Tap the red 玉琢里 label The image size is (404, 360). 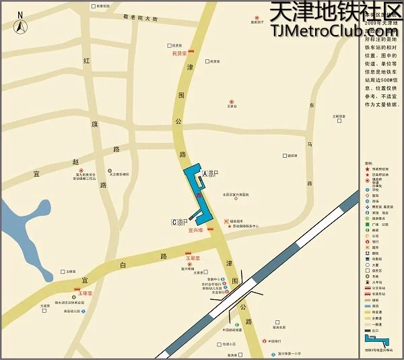point(84,293)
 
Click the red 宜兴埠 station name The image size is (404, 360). point(196,230)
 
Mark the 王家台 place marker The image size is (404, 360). point(232,104)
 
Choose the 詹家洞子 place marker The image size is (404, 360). point(256,20)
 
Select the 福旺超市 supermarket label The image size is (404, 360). point(236,220)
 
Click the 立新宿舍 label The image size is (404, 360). point(339,117)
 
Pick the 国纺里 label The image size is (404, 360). point(292,156)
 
